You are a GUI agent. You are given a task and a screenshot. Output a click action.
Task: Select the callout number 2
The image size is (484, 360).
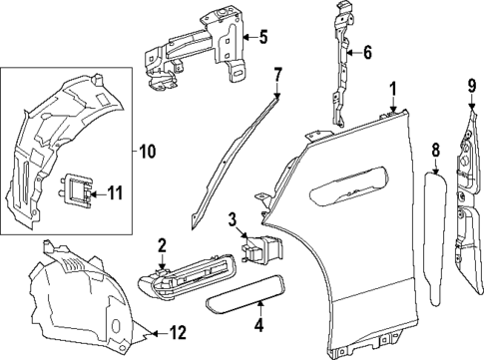pyautogui.click(x=162, y=245)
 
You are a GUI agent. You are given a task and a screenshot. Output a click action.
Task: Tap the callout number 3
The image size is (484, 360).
pyautogui.click(x=232, y=218)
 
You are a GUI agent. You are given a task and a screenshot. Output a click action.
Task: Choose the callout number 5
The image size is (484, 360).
pyautogui.click(x=262, y=39)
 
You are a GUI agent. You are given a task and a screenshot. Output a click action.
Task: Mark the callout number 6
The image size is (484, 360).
pyautogui.click(x=366, y=52)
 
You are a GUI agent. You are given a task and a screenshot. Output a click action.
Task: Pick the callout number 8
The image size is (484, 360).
pyautogui.click(x=435, y=151)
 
